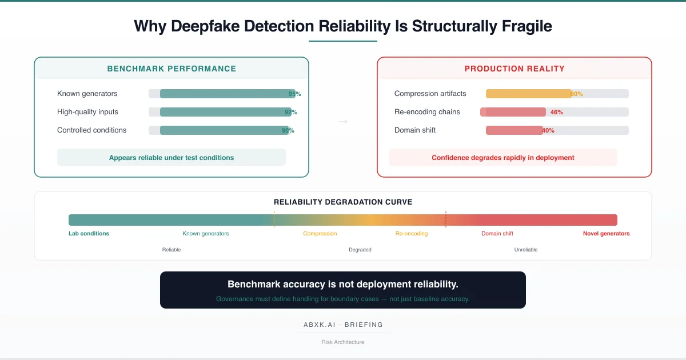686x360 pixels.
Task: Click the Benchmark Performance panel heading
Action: pos(171,69)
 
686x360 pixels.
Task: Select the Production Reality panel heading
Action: pos(514,69)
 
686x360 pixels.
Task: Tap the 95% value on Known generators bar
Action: pos(295,94)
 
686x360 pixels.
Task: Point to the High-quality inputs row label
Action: pos(87,112)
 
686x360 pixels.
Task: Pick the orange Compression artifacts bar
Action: pos(528,94)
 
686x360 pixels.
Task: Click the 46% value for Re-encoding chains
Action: pos(556,113)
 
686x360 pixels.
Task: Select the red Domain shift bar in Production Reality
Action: pos(514,130)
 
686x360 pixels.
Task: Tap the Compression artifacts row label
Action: pos(430,94)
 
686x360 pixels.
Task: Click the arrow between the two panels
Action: pos(343,121)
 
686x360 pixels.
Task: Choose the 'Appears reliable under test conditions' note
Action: pos(171,158)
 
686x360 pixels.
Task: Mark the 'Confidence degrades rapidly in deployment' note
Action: pos(503,158)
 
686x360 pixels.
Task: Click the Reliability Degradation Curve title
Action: pos(343,202)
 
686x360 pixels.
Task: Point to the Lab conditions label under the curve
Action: pos(89,234)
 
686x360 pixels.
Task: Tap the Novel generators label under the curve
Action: pos(606,234)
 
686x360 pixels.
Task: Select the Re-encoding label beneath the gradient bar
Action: pos(412,234)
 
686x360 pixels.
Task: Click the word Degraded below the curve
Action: pos(360,250)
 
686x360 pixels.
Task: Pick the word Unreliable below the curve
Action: pos(526,250)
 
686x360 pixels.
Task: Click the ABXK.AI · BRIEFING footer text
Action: pos(343,325)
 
